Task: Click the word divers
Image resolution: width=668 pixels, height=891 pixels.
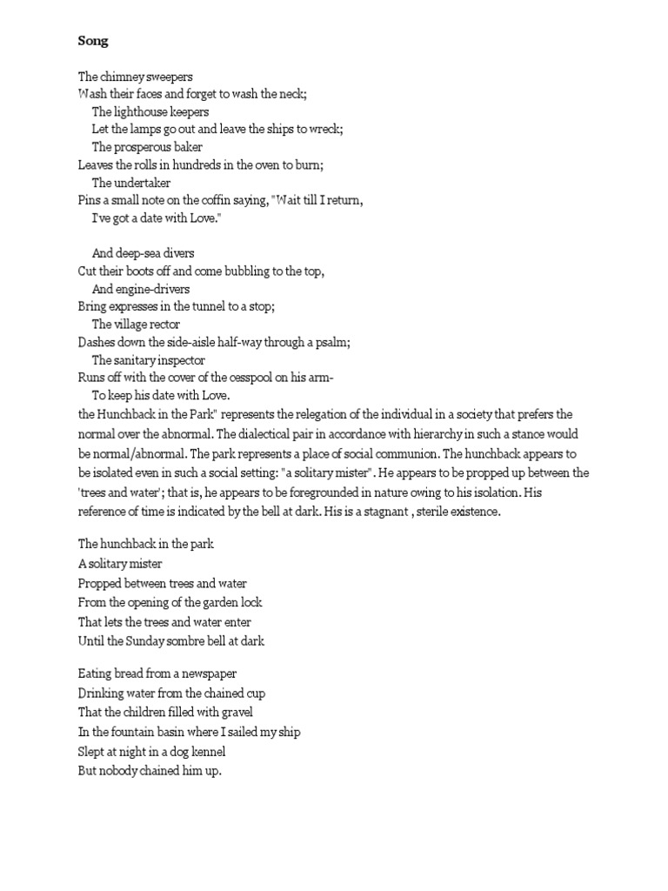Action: [x=177, y=253]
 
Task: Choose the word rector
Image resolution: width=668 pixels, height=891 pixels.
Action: [x=162, y=324]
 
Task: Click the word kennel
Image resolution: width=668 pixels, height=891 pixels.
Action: [x=212, y=750]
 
